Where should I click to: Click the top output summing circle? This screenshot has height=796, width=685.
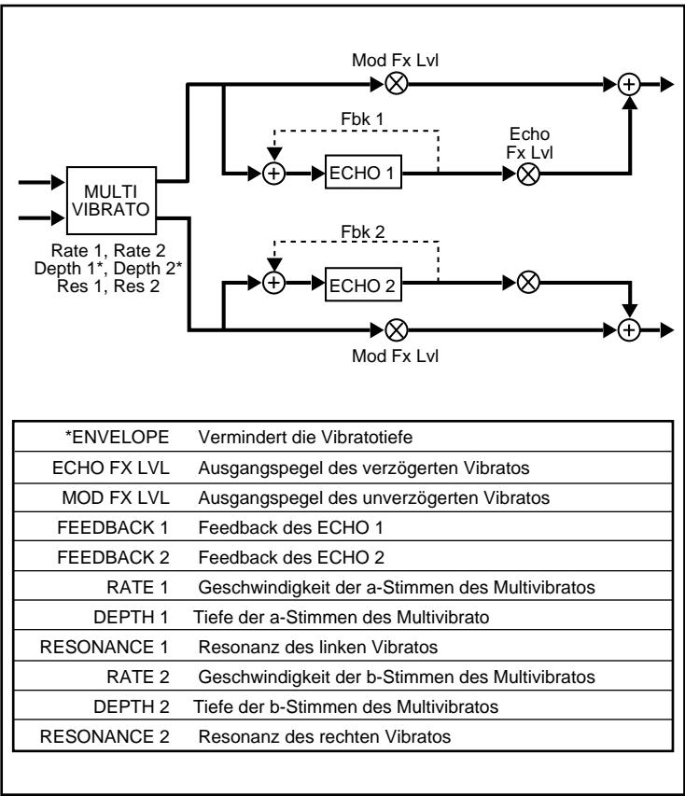[632, 83]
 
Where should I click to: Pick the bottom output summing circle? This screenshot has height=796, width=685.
[632, 329]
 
